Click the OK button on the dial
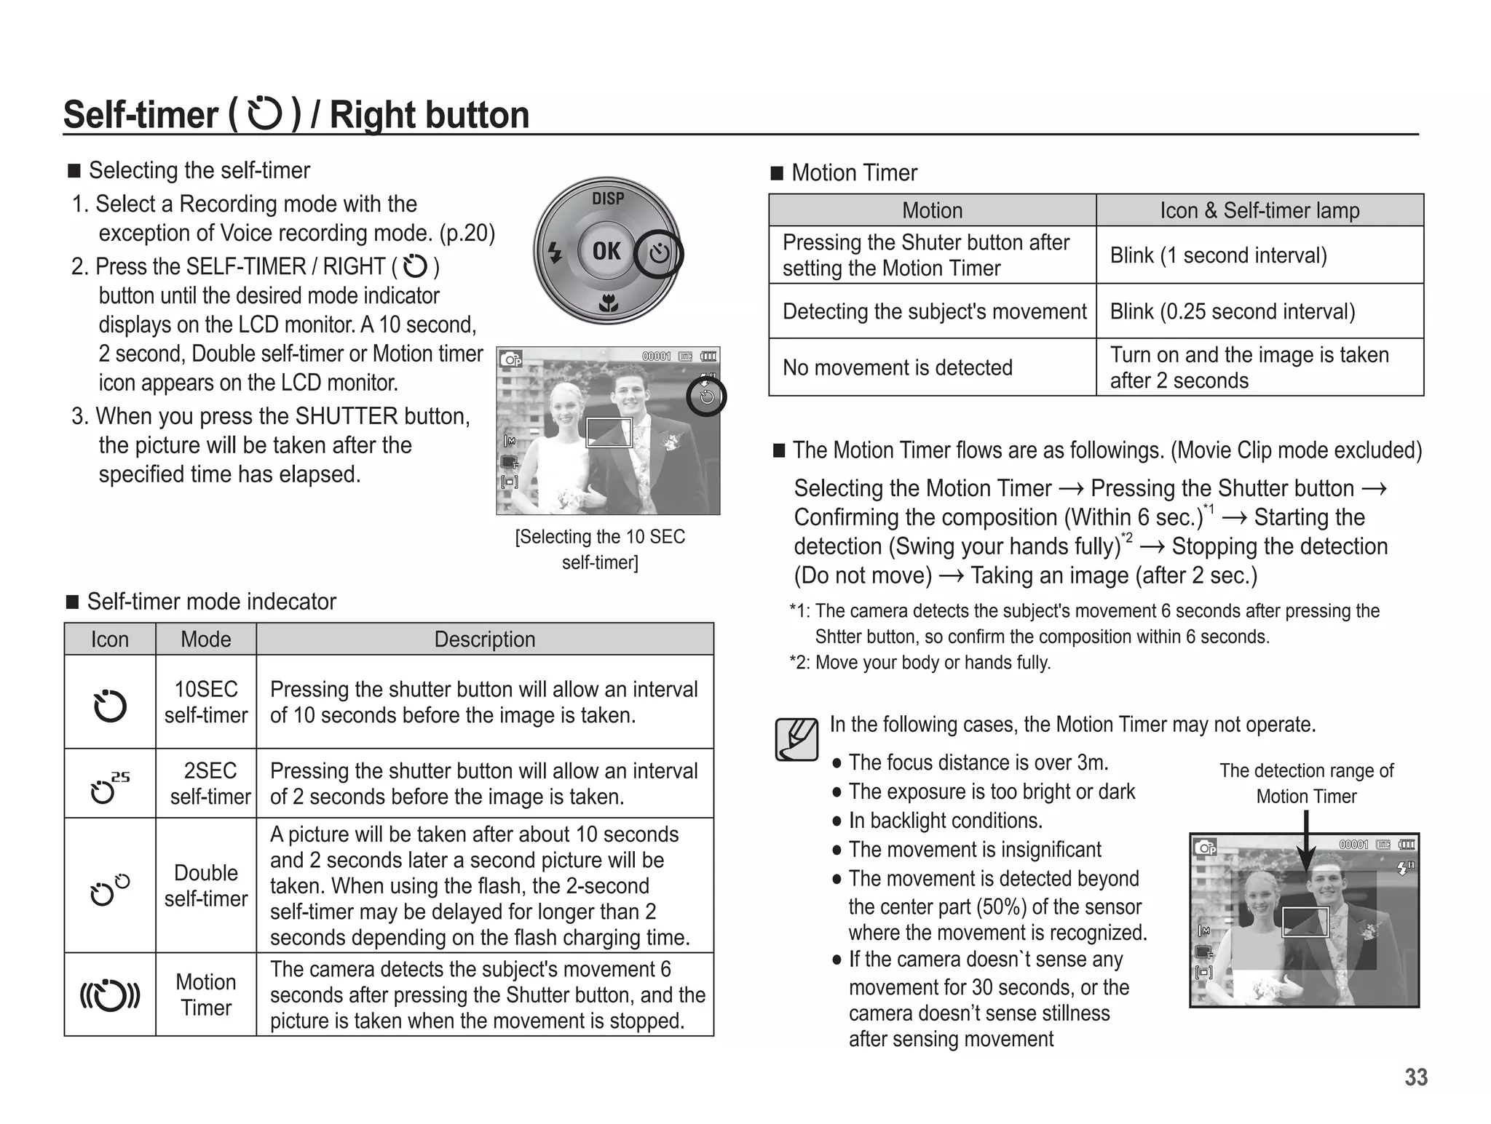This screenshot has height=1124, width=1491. (606, 251)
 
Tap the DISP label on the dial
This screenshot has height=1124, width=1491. (607, 198)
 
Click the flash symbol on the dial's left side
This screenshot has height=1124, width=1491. (555, 252)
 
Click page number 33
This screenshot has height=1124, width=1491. (1415, 1077)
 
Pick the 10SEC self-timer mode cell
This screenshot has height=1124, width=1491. (206, 702)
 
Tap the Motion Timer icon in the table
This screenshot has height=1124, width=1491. (109, 995)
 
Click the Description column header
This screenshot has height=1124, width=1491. (485, 639)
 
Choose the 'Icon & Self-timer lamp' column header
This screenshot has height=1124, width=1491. (1259, 210)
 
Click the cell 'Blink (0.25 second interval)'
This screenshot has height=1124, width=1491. (1232, 311)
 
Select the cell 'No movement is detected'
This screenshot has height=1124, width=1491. (897, 367)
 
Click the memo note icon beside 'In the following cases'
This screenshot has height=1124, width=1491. (796, 739)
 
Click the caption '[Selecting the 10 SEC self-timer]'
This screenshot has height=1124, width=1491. (600, 549)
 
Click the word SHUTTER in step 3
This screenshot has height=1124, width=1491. (347, 416)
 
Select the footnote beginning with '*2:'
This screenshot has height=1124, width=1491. (920, 663)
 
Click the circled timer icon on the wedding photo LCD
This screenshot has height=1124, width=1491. (706, 396)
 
